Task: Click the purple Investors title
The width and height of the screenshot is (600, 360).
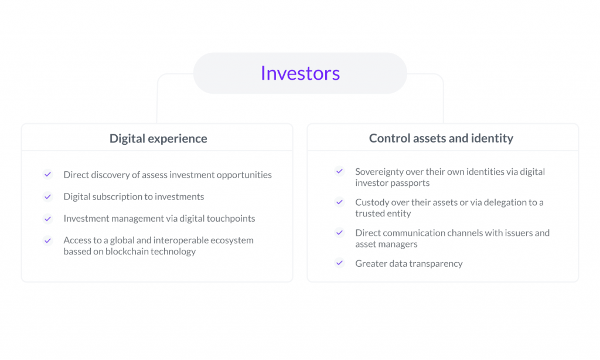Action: point(300,73)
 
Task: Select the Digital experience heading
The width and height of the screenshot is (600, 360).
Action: point(158,138)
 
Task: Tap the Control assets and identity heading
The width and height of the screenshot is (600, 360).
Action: point(441,138)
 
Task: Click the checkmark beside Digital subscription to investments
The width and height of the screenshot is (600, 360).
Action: point(48,197)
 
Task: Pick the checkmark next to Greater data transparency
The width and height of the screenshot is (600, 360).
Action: point(339,263)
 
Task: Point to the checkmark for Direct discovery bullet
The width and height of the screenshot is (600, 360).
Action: point(48,175)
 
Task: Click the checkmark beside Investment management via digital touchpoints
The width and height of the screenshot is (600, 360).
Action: point(48,219)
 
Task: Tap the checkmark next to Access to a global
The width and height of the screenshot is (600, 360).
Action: point(48,240)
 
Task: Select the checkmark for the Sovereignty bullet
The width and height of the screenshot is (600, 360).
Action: point(339,171)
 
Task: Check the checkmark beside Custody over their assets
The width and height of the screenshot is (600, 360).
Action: point(339,202)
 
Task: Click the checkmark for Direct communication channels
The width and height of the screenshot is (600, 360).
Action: point(339,232)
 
